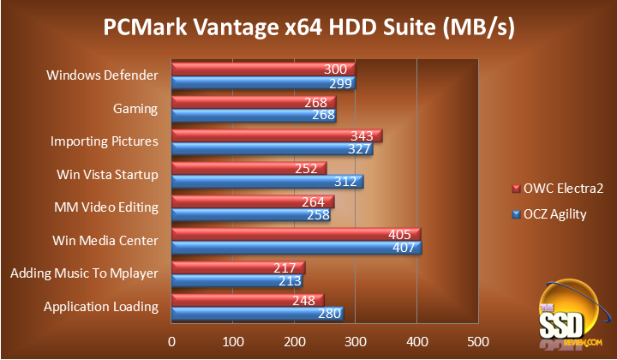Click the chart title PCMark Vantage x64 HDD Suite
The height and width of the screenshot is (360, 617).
(x=308, y=28)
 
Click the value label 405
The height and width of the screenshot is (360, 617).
(x=399, y=234)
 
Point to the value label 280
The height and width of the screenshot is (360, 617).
(x=330, y=314)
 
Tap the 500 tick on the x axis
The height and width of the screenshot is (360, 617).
(x=477, y=341)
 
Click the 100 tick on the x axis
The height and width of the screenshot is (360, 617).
(x=233, y=341)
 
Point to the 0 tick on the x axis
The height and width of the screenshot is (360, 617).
(x=172, y=341)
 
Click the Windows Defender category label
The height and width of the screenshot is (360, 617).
(x=103, y=75)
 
